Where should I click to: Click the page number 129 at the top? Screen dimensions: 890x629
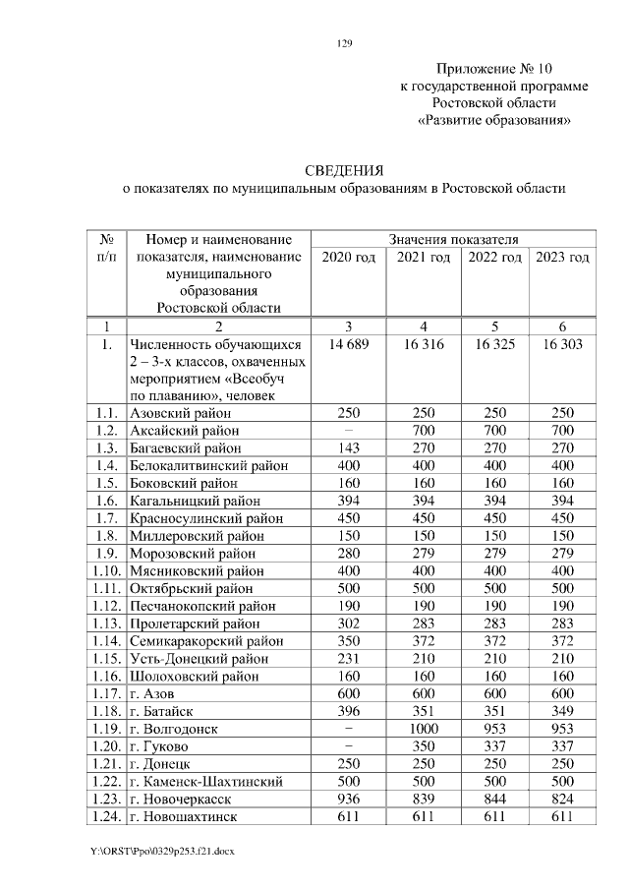(344, 42)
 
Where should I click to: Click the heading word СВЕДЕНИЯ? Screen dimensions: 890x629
(344, 169)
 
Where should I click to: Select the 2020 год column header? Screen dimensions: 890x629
(348, 258)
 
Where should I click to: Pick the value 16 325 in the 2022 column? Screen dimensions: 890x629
(495, 344)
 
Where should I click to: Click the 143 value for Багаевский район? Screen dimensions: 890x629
(348, 448)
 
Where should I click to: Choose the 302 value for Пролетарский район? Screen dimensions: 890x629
(348, 623)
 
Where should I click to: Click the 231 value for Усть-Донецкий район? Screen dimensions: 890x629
(348, 659)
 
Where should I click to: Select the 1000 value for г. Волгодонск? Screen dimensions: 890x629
(424, 729)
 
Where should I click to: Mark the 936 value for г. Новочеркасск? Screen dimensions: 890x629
(348, 799)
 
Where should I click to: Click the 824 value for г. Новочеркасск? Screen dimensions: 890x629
(563, 799)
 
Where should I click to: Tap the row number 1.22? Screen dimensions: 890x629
(105, 781)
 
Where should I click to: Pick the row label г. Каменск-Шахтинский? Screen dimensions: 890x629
(206, 781)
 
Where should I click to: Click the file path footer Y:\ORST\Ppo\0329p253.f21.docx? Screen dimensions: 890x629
(162, 849)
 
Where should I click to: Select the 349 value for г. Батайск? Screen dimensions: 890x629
(563, 711)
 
